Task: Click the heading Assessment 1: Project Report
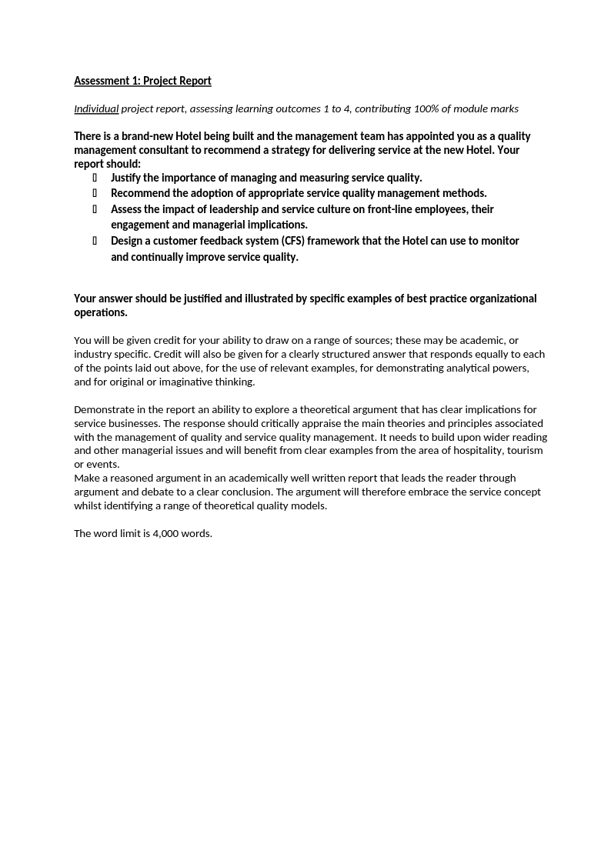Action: [142, 81]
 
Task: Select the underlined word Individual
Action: [96, 108]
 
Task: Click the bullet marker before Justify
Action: [95, 178]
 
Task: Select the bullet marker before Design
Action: [95, 241]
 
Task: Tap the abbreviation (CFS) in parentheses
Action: [291, 241]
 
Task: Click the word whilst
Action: [88, 505]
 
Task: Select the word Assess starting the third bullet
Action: [127, 209]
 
